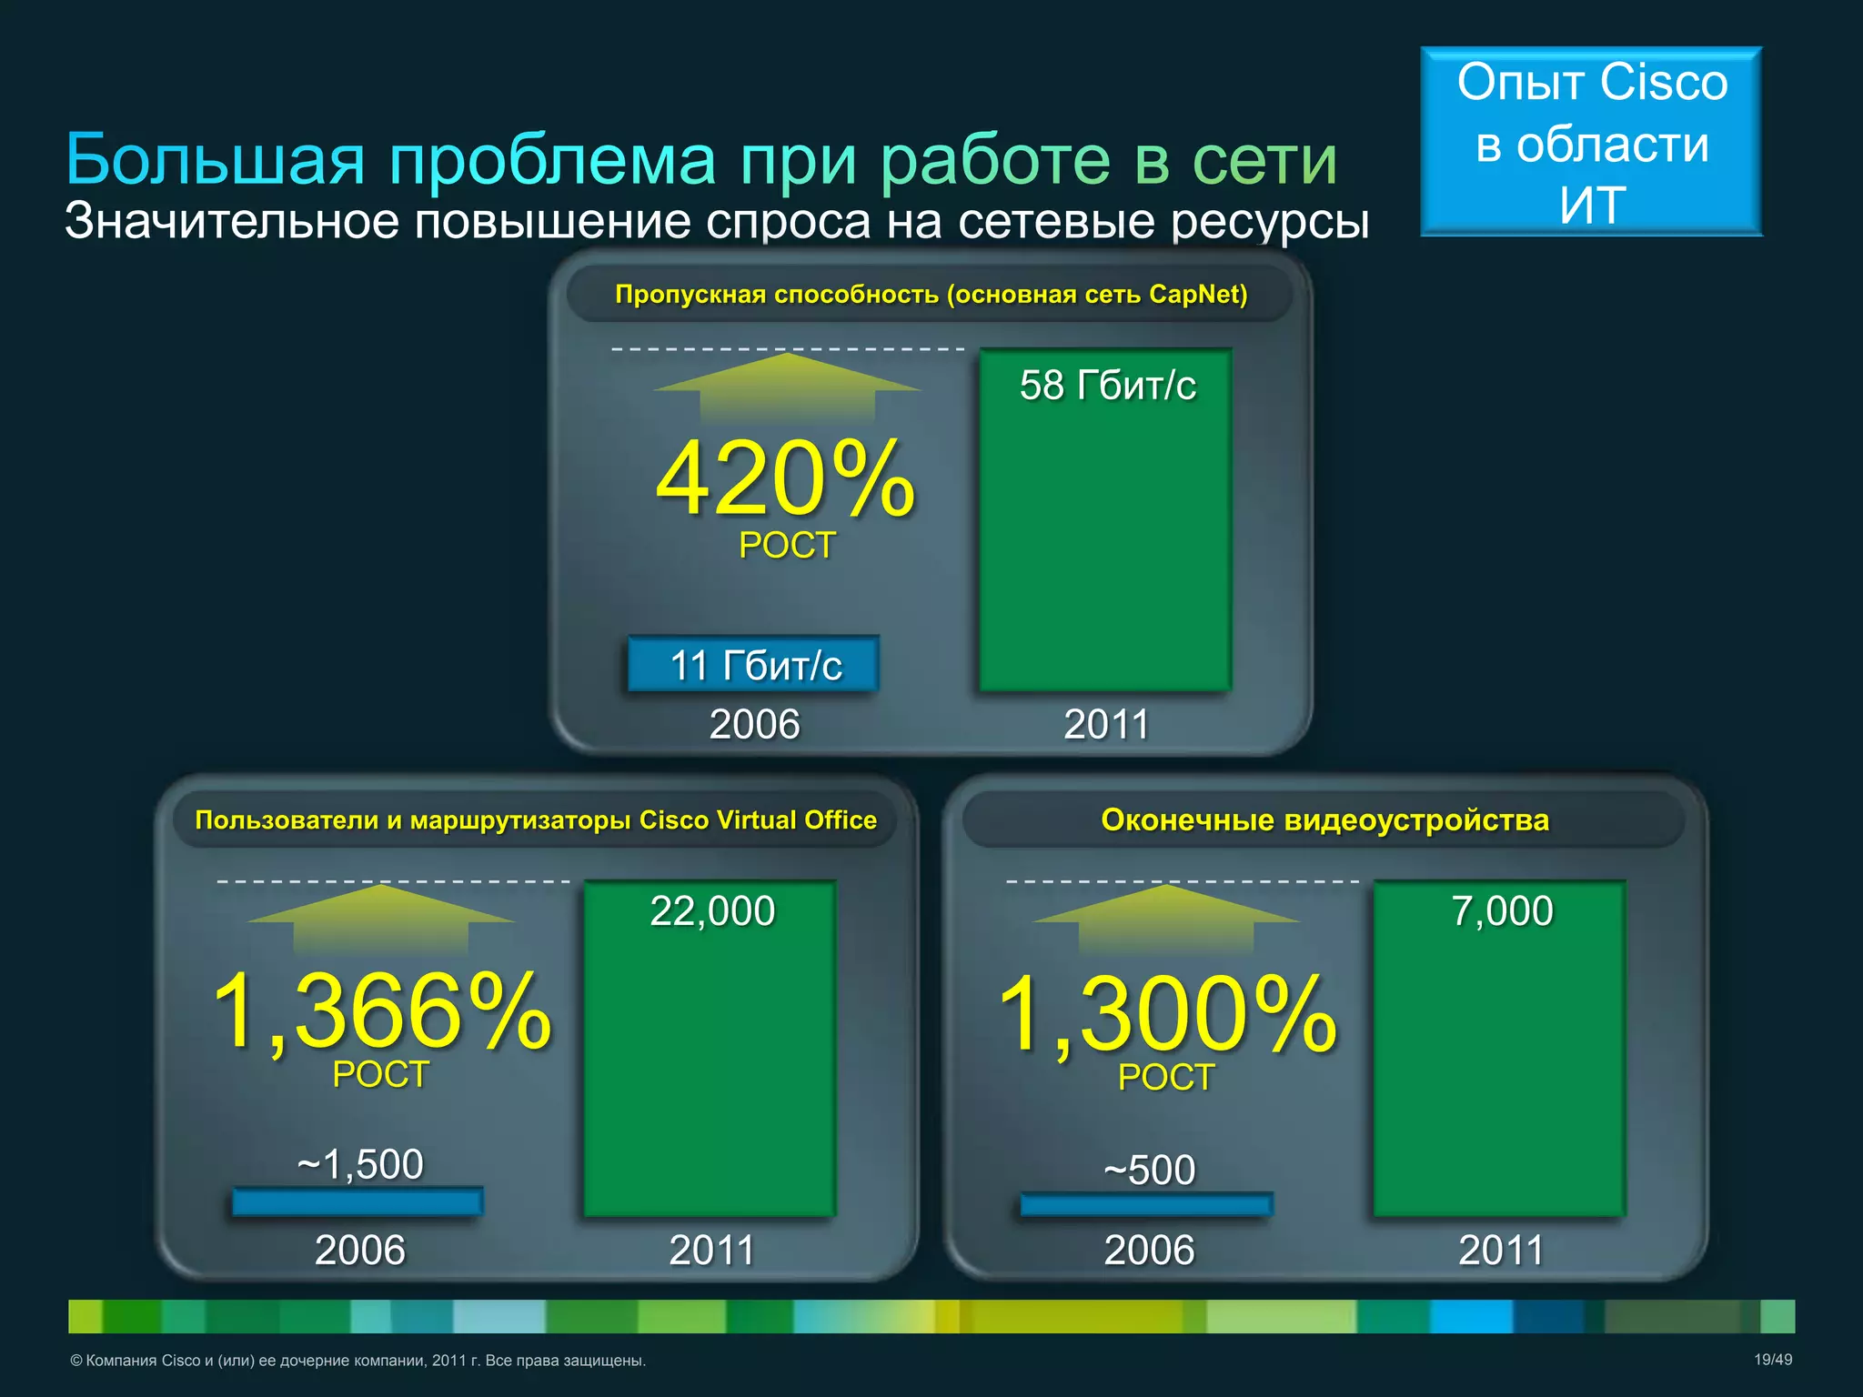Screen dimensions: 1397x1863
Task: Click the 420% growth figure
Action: point(785,479)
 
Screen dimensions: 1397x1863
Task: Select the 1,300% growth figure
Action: point(1167,1013)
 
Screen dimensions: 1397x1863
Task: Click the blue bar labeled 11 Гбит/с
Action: point(753,665)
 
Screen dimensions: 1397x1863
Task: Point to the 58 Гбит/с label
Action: point(1107,386)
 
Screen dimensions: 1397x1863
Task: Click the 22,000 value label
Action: point(712,911)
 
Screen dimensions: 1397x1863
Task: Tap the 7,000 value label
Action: point(1502,911)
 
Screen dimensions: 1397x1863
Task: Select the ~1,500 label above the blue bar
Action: point(360,1164)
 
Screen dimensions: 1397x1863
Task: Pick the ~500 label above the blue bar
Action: point(1149,1171)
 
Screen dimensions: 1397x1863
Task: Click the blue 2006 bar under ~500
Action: point(1146,1205)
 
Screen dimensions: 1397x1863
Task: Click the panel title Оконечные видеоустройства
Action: point(1324,820)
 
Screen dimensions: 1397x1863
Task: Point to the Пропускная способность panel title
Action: point(931,295)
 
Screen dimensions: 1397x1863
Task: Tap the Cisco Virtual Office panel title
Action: point(536,820)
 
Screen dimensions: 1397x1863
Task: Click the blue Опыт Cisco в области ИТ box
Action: point(1591,143)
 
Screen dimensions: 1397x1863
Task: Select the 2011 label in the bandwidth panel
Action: point(1107,725)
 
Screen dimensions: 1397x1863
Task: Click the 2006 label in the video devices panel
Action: point(1149,1251)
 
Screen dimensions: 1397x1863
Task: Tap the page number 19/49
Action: point(1772,1360)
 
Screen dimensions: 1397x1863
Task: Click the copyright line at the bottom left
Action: point(357,1361)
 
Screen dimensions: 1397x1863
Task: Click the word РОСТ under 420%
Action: point(787,546)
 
